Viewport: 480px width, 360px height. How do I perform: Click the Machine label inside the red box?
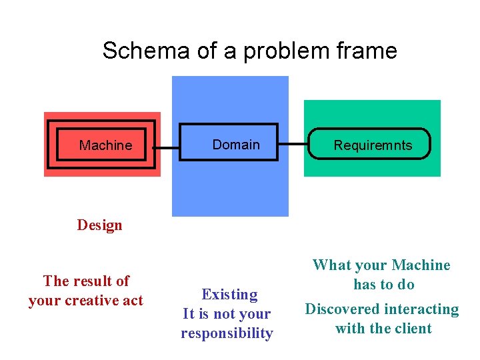click(105, 145)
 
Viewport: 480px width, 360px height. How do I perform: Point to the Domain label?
click(236, 145)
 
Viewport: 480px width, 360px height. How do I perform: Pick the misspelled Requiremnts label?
click(373, 145)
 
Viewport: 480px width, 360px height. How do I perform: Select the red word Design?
click(99, 225)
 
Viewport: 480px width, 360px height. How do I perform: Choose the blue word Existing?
click(229, 295)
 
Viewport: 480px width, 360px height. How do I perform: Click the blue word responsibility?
click(227, 333)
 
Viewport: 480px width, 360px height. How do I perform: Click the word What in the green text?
click(331, 265)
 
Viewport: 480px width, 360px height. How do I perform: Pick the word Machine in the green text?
click(421, 265)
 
